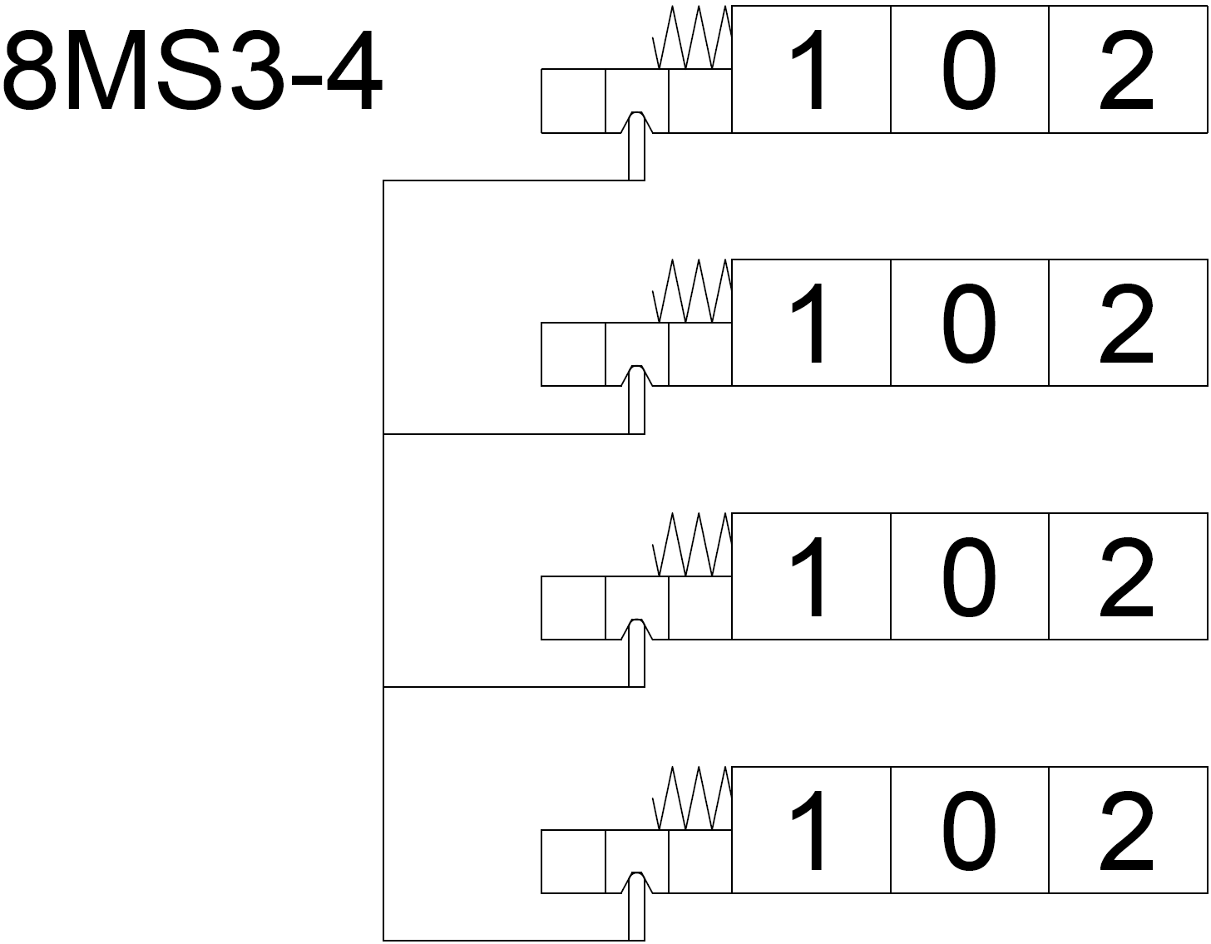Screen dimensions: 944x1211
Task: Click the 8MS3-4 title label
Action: tap(193, 73)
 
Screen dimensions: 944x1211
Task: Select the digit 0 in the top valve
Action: tap(969, 71)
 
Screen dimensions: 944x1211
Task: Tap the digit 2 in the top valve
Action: tap(1127, 71)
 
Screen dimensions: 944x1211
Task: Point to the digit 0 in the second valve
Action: tap(969, 324)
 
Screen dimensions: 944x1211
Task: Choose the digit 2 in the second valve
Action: tap(1127, 324)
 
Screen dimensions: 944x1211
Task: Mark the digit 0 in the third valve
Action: tap(969, 578)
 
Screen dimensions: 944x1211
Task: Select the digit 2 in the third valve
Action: tap(1127, 578)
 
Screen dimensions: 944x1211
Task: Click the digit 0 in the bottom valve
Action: tap(969, 832)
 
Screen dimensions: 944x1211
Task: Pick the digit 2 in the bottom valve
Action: tap(1127, 832)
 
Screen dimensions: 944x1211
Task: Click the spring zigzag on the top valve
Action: tap(693, 38)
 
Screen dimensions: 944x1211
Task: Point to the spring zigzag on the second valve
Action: tap(693, 292)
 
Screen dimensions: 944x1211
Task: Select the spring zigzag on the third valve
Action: tap(693, 546)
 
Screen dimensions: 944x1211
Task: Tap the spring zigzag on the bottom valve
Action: tap(693, 799)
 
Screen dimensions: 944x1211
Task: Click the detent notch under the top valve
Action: tap(636, 123)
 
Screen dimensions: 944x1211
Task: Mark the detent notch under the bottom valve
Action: tap(636, 884)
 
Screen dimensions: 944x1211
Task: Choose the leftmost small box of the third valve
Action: tap(573, 608)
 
